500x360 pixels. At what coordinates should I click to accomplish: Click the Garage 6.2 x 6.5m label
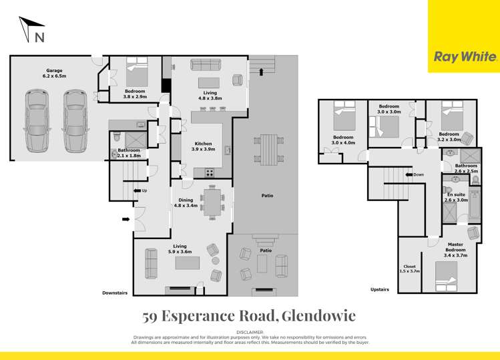55,73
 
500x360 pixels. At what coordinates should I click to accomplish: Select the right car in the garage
75,121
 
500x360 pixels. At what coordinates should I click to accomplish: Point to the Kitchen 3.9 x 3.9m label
203,147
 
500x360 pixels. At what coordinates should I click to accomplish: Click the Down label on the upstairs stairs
418,175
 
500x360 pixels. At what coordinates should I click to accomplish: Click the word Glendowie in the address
319,315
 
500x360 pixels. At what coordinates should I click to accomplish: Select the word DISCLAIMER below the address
250,332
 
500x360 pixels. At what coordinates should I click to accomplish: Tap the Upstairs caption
381,289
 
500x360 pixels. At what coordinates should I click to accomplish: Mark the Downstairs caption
115,293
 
